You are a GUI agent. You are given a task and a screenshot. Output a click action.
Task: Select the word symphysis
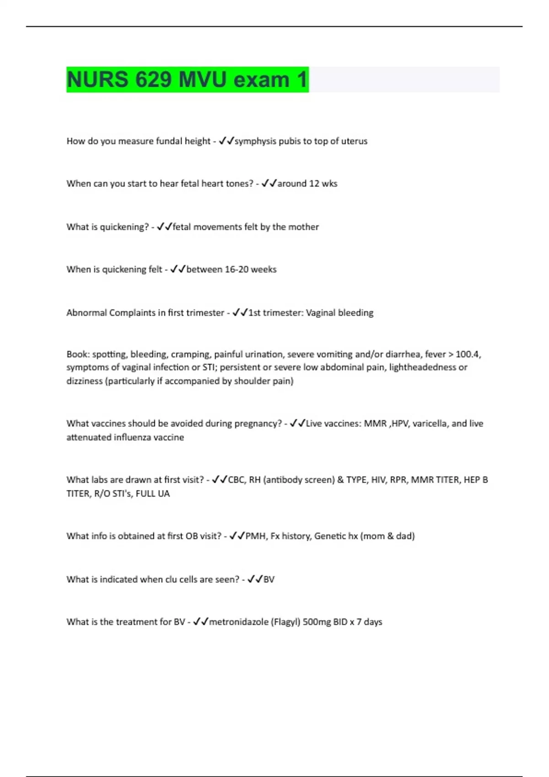pos(255,141)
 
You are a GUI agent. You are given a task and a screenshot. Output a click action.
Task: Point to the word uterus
pos(354,141)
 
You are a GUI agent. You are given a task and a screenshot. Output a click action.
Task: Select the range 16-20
pos(237,270)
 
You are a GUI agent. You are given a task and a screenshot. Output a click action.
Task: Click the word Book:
pos(78,355)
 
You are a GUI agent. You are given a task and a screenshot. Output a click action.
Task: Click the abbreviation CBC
pos(236,480)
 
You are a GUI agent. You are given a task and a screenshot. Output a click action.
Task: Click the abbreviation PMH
pos(255,536)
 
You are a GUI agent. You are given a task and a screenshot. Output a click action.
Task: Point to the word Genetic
pos(330,536)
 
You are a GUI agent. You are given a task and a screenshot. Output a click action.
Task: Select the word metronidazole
pos(239,622)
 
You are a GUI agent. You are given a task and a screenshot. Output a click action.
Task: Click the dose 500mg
pos(317,622)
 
